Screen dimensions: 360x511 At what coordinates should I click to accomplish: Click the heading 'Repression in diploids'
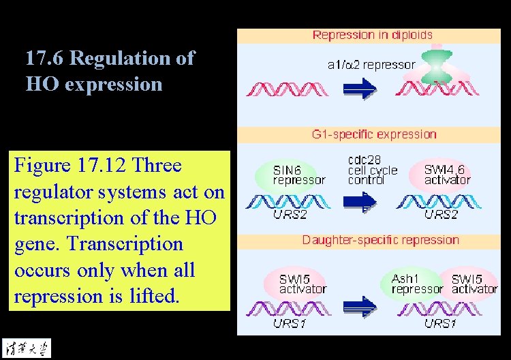pos(372,35)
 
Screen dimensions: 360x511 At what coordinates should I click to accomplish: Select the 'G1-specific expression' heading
pos(373,134)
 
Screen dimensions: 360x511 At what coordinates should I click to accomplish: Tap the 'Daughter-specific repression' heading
pos(380,240)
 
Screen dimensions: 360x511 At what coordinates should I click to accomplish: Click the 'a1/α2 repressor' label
pos(371,65)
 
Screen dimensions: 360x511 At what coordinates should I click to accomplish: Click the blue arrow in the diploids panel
pos(358,88)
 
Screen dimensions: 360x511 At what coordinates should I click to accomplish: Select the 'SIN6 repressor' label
pos(298,175)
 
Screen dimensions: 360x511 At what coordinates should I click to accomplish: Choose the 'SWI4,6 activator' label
pos(447,175)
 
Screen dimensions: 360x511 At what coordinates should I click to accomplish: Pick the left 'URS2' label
pos(291,215)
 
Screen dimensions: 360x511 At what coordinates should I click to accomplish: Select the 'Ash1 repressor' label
pos(416,284)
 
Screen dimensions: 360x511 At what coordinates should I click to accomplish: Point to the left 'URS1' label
pos(290,323)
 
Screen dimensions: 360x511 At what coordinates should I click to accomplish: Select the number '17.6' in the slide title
pos(45,59)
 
